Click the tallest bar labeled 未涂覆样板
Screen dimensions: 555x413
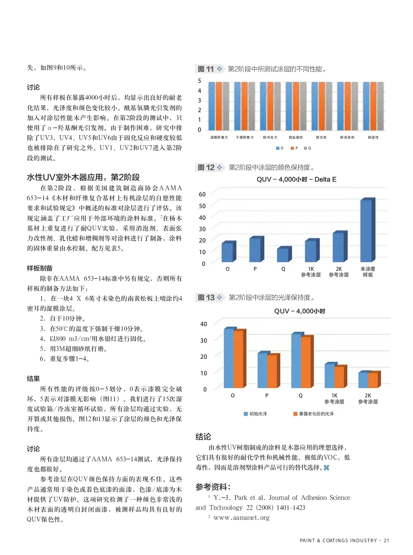[x=366, y=231]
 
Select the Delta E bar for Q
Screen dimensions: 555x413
[x=283, y=255]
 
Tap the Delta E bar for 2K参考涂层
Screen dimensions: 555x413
[x=338, y=247]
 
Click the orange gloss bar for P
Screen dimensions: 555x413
[x=272, y=371]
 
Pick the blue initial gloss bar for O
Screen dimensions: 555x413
[x=229, y=358]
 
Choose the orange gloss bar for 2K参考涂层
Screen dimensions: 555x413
[x=373, y=380]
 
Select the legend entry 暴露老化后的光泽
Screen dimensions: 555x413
[x=314, y=414]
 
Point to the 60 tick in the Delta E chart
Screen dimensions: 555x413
[x=202, y=194]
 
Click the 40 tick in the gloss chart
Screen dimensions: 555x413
[x=203, y=324]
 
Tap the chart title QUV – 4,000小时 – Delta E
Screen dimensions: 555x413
[x=296, y=179]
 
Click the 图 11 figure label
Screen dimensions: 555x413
[x=206, y=69]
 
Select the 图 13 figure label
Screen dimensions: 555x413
[x=206, y=298]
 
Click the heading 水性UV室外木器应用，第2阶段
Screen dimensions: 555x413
[x=83, y=178]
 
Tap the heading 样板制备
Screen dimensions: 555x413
[x=40, y=268]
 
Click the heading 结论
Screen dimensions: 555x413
[x=203, y=437]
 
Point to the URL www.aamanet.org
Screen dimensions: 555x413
[x=241, y=517]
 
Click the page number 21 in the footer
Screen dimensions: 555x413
[x=386, y=541]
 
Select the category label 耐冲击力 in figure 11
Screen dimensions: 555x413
[x=270, y=138]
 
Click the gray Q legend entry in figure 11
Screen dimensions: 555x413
[x=307, y=148]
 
